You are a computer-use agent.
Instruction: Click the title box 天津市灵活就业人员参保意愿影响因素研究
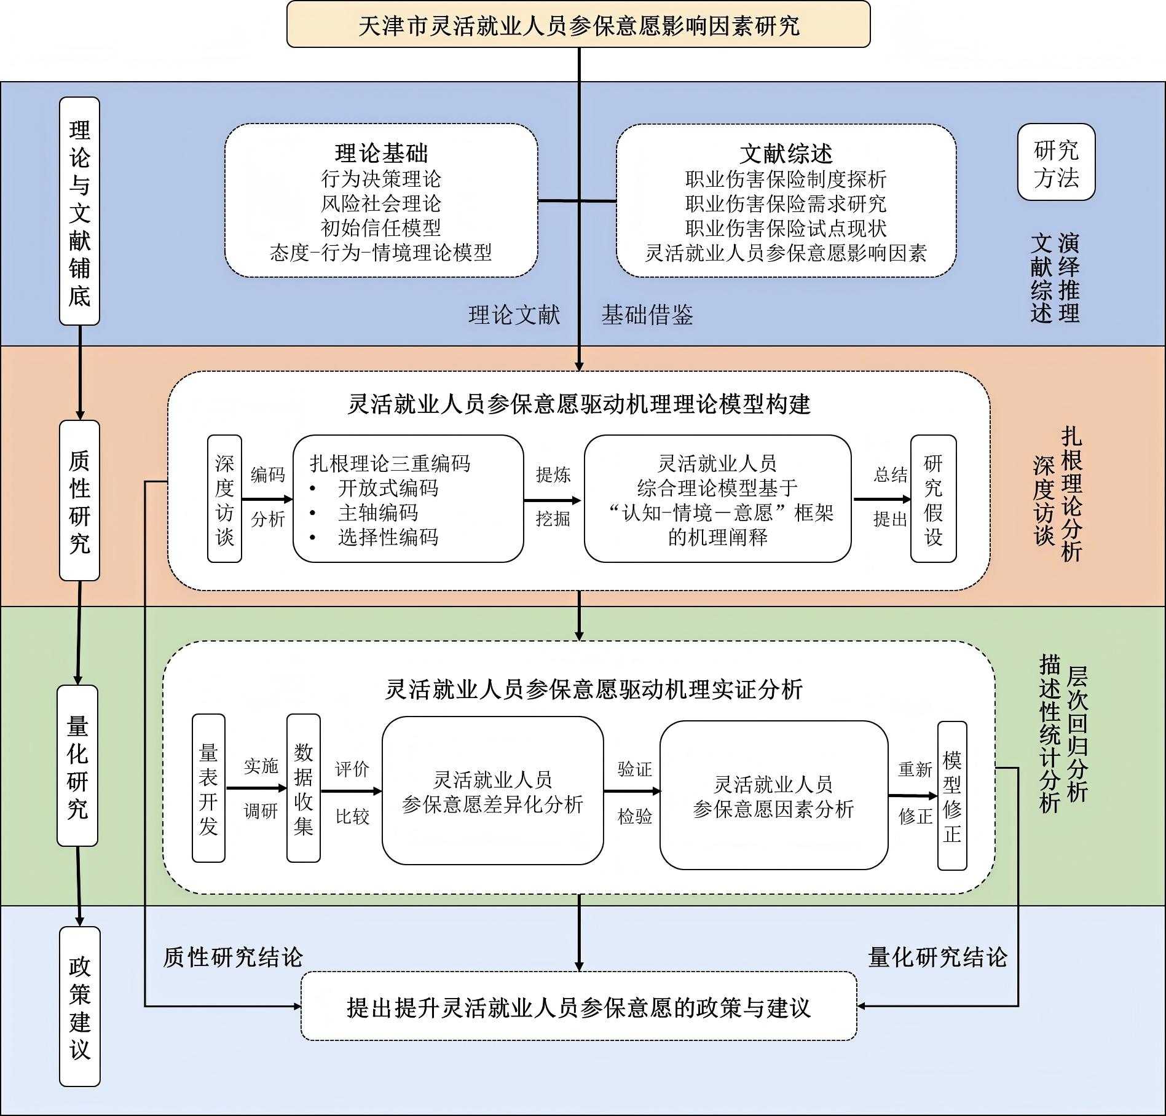click(x=578, y=25)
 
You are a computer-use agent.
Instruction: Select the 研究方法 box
click(x=1056, y=163)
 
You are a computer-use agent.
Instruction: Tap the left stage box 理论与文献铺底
click(x=79, y=211)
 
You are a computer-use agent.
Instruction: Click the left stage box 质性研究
click(x=79, y=501)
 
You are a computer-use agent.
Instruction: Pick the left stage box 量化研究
click(x=77, y=766)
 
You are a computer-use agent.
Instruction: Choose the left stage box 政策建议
click(x=79, y=1007)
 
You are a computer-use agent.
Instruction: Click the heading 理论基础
click(x=381, y=153)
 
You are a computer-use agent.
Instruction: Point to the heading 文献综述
click(x=786, y=153)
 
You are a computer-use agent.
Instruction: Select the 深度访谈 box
click(x=224, y=499)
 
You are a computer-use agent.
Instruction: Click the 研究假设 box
click(x=933, y=499)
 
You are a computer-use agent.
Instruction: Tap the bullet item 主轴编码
click(x=377, y=513)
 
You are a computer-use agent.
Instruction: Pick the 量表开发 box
click(x=208, y=788)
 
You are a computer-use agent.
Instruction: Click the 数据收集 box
click(x=304, y=788)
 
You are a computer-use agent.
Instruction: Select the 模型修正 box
click(x=952, y=795)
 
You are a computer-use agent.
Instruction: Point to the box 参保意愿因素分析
click(x=774, y=795)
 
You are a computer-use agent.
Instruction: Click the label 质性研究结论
click(x=233, y=957)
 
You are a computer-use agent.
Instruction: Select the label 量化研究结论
click(x=937, y=957)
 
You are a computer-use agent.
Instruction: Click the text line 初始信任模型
click(x=381, y=228)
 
